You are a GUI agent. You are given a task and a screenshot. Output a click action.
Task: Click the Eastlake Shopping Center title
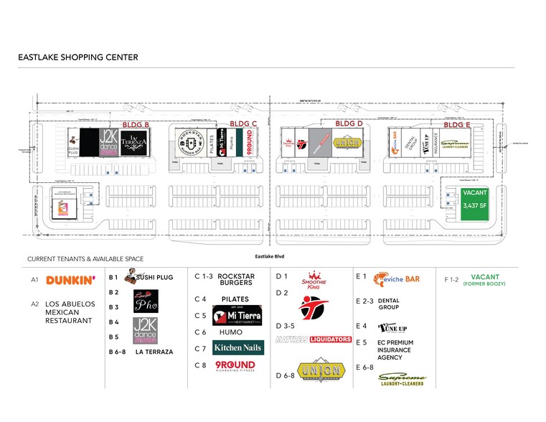[77, 57]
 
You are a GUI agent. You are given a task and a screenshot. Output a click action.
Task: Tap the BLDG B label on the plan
[136, 125]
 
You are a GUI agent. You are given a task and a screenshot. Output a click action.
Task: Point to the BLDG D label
[349, 123]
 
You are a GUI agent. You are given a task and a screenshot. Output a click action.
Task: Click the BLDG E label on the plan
[457, 125]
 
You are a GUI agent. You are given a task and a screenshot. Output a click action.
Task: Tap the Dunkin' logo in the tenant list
[70, 281]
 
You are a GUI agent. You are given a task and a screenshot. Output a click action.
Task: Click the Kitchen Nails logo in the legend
[238, 348]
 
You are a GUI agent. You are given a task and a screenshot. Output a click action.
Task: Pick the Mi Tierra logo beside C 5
[237, 314]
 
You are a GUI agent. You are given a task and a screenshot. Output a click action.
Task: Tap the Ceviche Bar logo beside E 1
[395, 278]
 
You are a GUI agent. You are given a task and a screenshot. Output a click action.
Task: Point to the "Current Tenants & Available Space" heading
[85, 258]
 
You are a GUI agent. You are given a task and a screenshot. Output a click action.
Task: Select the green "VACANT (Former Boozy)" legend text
[485, 280]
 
